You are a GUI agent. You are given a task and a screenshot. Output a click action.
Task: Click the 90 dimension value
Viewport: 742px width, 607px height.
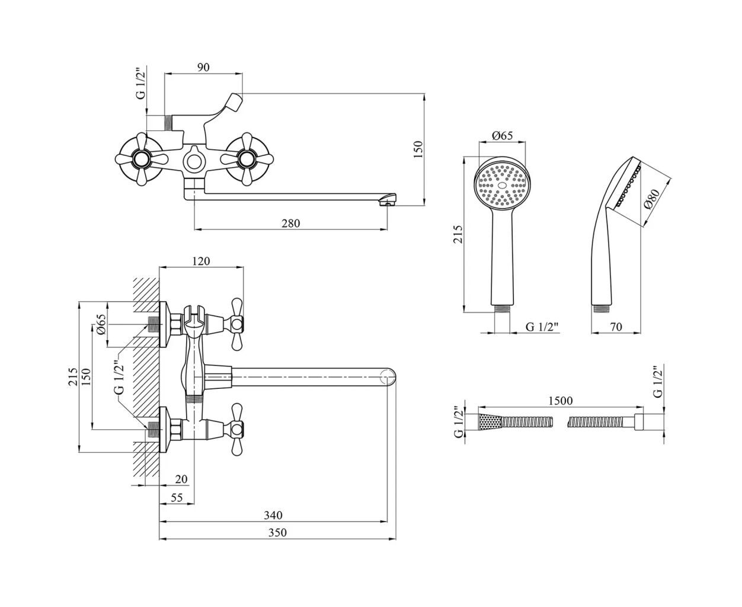click(203, 68)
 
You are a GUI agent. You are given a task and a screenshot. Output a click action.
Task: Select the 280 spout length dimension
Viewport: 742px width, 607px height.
click(291, 223)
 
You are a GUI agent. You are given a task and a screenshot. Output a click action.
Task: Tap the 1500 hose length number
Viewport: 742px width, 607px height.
click(560, 401)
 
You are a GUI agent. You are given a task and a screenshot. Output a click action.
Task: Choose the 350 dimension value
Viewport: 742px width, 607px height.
click(277, 532)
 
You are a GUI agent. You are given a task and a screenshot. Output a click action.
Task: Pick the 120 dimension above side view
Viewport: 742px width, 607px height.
click(201, 261)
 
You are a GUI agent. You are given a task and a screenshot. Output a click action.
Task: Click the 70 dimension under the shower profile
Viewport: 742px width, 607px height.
click(616, 325)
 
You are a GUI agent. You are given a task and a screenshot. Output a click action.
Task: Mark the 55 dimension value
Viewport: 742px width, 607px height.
click(177, 498)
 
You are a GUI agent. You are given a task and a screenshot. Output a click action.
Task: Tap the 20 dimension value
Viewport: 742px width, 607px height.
click(181, 479)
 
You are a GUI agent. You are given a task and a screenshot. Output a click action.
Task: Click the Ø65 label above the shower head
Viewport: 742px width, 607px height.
click(502, 136)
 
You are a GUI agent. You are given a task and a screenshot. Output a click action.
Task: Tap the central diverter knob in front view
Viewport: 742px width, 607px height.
click(192, 159)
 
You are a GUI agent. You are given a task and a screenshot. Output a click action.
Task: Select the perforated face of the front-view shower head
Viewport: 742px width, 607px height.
click(502, 184)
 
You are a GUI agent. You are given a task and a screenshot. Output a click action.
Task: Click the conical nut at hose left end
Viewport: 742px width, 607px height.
click(489, 423)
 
